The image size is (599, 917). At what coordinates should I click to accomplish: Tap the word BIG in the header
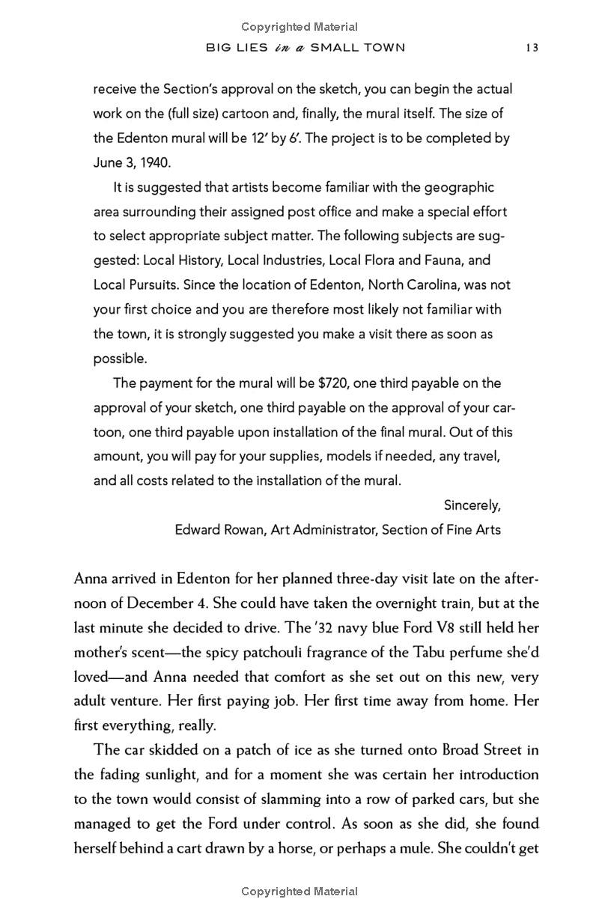tap(219, 47)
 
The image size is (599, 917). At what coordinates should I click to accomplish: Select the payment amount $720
tap(333, 383)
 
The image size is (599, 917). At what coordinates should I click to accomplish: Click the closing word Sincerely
tap(472, 505)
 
